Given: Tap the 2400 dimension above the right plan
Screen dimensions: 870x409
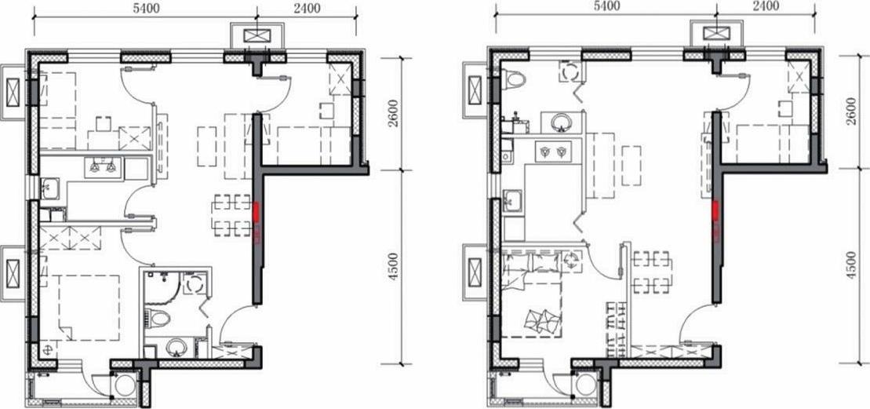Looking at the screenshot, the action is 766,6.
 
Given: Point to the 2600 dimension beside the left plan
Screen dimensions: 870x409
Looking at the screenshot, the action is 393,113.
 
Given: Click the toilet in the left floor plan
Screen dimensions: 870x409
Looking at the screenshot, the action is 160,318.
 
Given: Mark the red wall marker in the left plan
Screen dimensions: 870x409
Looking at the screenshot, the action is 257,214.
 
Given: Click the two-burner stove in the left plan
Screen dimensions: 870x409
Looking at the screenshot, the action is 104,167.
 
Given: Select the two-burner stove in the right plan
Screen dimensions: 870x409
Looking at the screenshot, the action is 553,151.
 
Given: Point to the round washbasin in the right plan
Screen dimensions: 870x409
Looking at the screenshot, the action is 562,122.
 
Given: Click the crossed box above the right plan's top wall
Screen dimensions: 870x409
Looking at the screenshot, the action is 716,33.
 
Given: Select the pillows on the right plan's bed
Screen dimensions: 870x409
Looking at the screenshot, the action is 541,320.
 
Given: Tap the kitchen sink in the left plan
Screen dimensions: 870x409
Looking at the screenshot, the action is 50,188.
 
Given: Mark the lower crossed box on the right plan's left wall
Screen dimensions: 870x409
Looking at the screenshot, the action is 475,272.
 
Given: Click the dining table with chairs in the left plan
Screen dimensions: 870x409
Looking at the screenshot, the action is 232,215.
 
